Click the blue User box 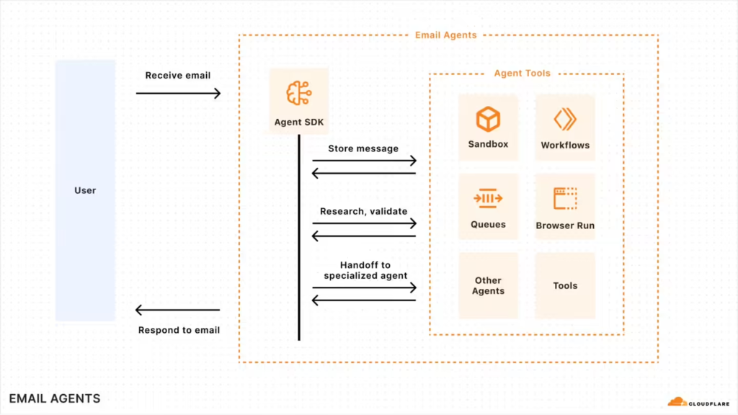tap(85, 190)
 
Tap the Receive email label tap(178, 76)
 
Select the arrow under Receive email tap(178, 93)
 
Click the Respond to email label tap(179, 330)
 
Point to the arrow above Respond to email tap(178, 311)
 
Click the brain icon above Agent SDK tap(298, 94)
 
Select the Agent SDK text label tap(299, 122)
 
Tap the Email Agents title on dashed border tap(446, 35)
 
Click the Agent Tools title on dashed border tap(523, 73)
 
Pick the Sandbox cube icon tap(488, 118)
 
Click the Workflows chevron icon tap(565, 119)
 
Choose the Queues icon tap(488, 198)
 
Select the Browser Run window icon tap(565, 198)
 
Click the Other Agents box tap(488, 286)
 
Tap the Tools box tap(565, 286)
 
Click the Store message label tap(363, 148)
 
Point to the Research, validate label tap(364, 211)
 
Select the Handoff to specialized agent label tap(365, 271)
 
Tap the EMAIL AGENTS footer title tap(55, 398)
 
